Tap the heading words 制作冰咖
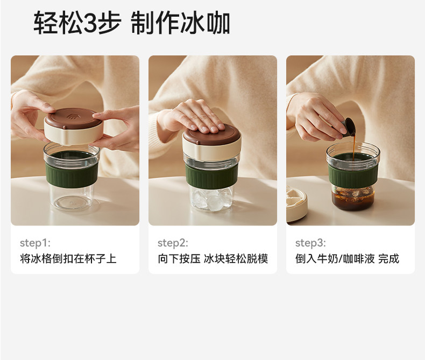tap(181, 23)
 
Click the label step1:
tap(35, 243)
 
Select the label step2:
tap(173, 243)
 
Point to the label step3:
tap(310, 243)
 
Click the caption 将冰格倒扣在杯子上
tap(68, 259)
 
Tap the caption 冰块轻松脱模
tap(236, 259)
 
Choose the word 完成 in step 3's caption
tap(388, 259)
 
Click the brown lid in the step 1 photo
tap(73, 118)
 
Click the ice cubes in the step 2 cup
tap(211, 199)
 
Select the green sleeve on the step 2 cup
tap(211, 175)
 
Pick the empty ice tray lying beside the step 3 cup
tap(296, 204)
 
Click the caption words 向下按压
tap(179, 259)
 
